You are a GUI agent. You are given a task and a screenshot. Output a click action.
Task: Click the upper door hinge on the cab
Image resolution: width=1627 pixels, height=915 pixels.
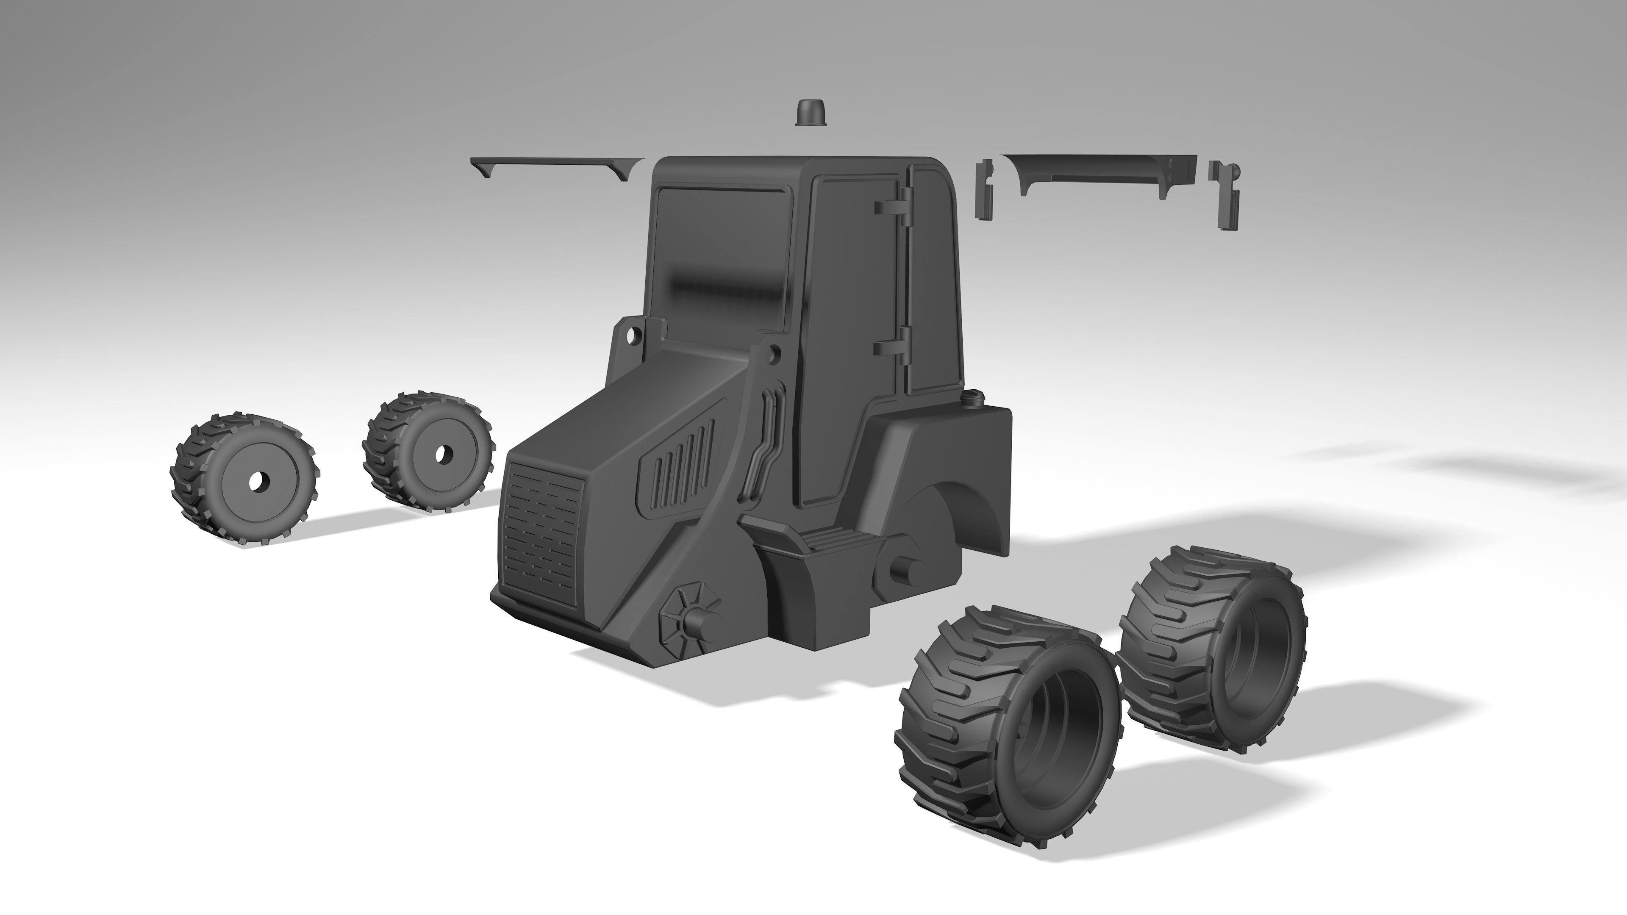[x=891, y=207]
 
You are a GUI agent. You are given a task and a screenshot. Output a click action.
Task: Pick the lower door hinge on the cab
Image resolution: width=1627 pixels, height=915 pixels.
[x=891, y=347]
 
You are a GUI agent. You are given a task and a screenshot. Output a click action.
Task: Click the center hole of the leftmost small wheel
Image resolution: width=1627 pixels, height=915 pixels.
[x=258, y=482]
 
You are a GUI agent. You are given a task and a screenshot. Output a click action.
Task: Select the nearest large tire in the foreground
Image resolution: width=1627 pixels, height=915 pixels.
[x=1004, y=720]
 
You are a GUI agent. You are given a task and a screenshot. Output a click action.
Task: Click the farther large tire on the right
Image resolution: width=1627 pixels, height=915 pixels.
[x=1210, y=650]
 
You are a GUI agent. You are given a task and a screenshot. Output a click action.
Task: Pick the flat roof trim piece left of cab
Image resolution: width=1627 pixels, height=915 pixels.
[x=556, y=166]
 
